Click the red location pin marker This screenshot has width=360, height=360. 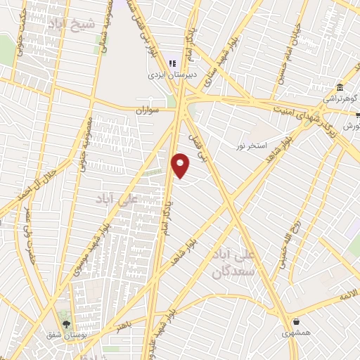tap(181, 165)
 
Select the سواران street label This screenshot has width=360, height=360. tap(149, 110)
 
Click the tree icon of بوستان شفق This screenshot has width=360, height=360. tap(66, 325)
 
